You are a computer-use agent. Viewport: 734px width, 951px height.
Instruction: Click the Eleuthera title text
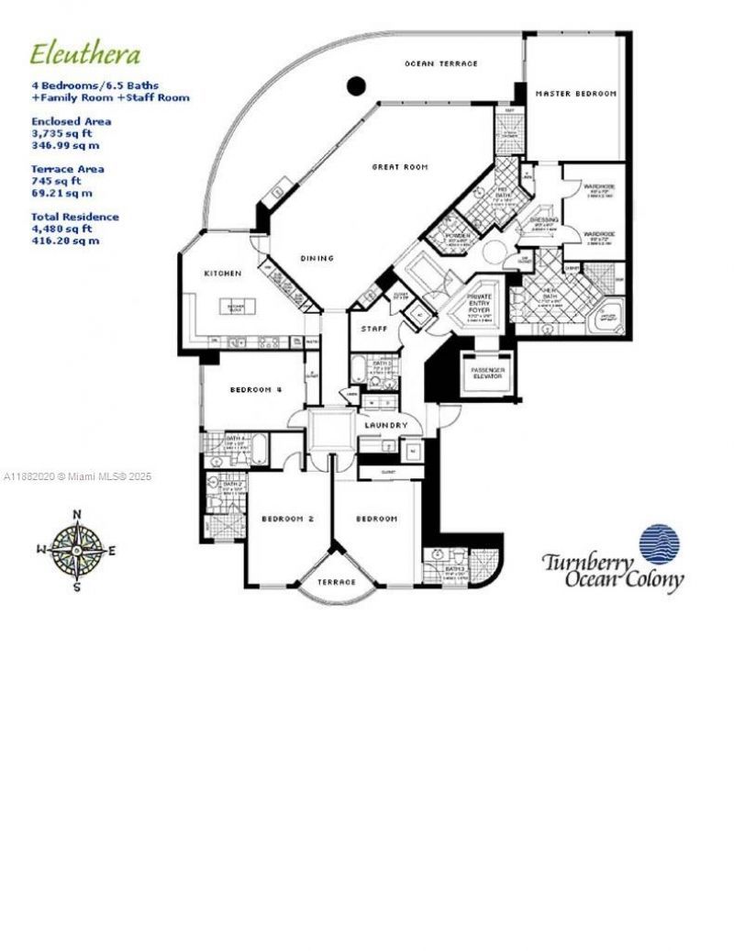click(x=85, y=54)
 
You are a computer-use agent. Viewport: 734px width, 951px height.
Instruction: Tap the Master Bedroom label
click(x=576, y=94)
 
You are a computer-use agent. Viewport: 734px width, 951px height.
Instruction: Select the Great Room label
click(x=399, y=167)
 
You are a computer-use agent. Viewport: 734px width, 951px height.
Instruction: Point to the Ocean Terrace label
click(x=441, y=63)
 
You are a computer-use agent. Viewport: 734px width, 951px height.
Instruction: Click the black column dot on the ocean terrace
click(x=356, y=87)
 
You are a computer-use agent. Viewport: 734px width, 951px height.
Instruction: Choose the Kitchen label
click(x=223, y=274)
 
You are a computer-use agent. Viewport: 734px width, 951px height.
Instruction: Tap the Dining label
click(x=317, y=258)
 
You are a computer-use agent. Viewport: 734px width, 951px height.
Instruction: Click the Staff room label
click(x=373, y=328)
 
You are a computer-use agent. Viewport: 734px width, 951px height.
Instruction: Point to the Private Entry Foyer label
click(x=480, y=304)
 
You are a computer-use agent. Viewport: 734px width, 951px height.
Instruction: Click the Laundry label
click(x=385, y=425)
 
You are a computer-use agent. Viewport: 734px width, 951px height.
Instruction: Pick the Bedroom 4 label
click(x=255, y=390)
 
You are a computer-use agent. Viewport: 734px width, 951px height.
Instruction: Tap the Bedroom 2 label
click(x=287, y=519)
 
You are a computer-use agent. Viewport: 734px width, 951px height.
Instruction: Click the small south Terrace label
click(x=336, y=582)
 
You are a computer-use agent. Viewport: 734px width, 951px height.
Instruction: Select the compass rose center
click(x=77, y=550)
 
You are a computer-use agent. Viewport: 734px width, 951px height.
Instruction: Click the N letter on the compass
click(x=77, y=514)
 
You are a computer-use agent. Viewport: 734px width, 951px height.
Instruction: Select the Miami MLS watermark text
click(x=78, y=476)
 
